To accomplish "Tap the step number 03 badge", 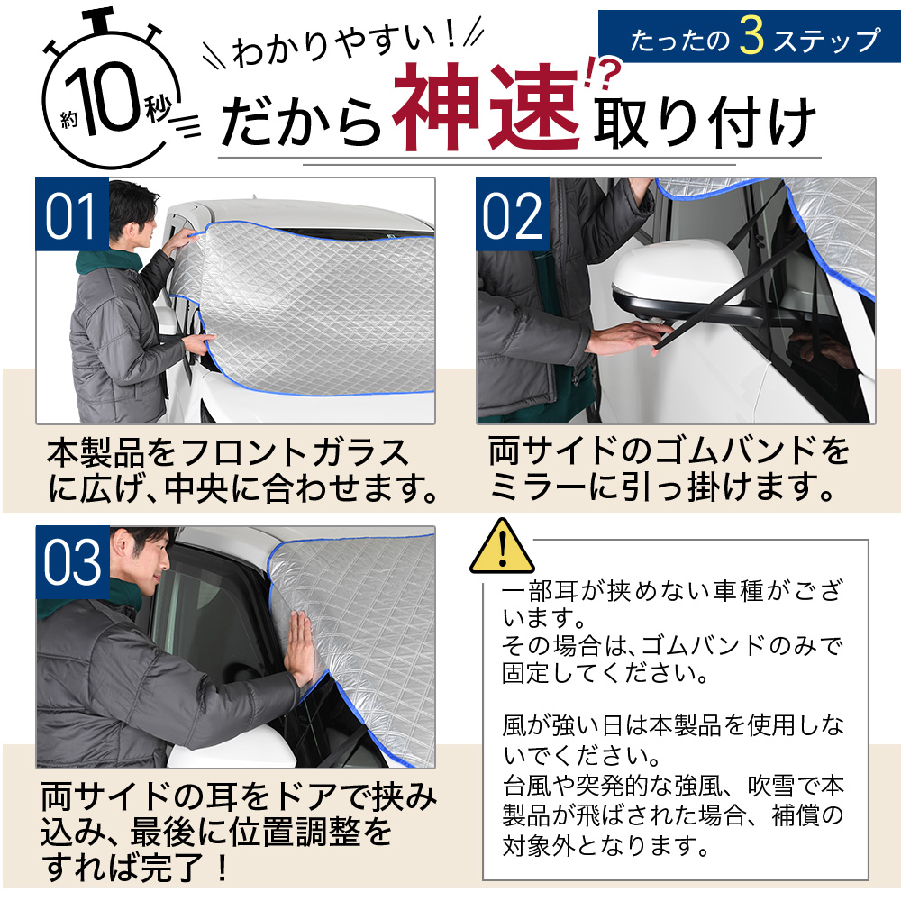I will (71, 563).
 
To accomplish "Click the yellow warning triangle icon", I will (502, 547).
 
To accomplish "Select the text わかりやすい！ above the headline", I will (343, 50).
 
